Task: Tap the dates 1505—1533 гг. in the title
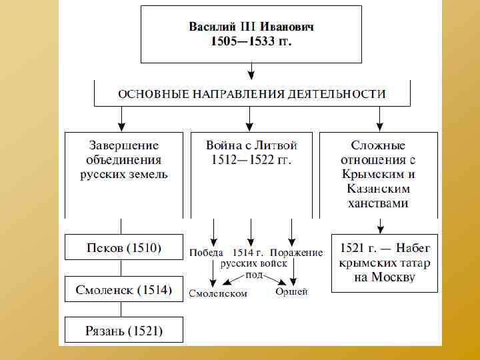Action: tap(251, 41)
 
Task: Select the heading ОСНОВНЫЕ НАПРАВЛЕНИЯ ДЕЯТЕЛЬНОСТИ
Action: tap(251, 94)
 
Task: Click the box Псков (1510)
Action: tap(123, 247)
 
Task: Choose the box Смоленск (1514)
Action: tap(123, 289)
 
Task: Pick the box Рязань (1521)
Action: tap(123, 330)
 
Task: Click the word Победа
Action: tap(206, 253)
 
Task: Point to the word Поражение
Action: tap(297, 253)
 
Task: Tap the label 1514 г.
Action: tap(249, 253)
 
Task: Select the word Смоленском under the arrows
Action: tap(217, 293)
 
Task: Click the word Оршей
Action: tap(292, 291)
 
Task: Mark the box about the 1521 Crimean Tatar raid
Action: tap(385, 263)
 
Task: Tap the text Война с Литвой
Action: tap(252, 145)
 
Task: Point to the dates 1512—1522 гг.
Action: tap(252, 160)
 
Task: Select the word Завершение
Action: tap(124, 145)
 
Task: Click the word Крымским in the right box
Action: tap(378, 175)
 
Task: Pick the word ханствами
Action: tap(378, 204)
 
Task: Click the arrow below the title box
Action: tap(251, 70)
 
